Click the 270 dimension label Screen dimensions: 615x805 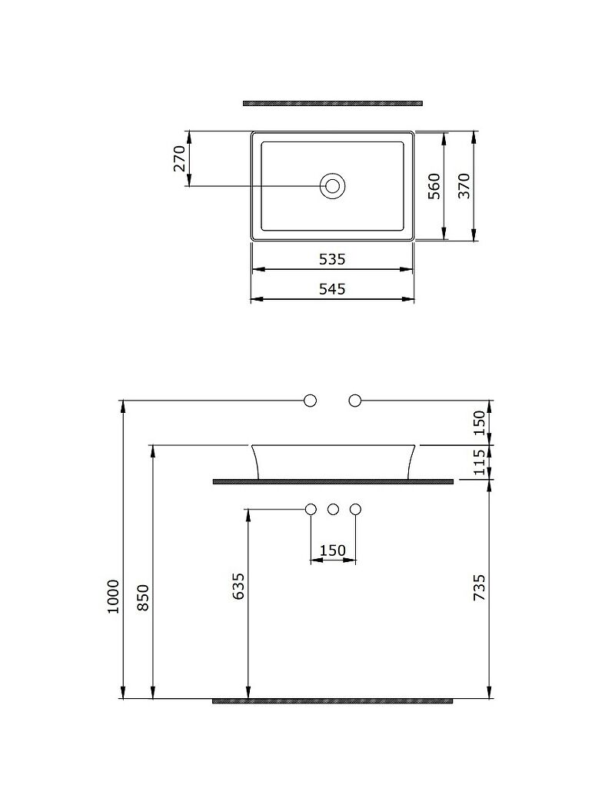[x=179, y=158]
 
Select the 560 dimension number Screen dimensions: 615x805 [x=434, y=186]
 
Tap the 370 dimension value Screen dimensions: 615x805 [x=464, y=186]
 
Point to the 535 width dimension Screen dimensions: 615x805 [x=332, y=259]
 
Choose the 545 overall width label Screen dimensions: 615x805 [x=332, y=289]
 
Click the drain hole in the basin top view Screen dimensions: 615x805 [x=333, y=185]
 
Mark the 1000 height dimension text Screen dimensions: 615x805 [x=113, y=596]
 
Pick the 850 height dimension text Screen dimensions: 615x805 [x=143, y=597]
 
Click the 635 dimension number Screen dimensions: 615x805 [x=238, y=587]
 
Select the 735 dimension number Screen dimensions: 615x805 [x=479, y=588]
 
